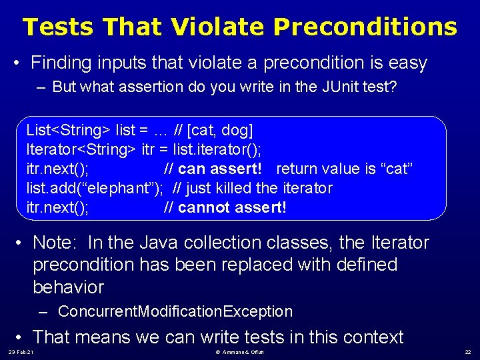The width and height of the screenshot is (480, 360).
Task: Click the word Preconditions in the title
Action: [x=365, y=27]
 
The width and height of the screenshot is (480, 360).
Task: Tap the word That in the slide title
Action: [x=133, y=27]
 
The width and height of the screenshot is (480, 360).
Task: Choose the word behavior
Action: [x=69, y=287]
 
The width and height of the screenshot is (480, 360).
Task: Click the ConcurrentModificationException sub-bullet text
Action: [x=175, y=311]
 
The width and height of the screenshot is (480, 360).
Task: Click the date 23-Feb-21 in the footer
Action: [x=21, y=352]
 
